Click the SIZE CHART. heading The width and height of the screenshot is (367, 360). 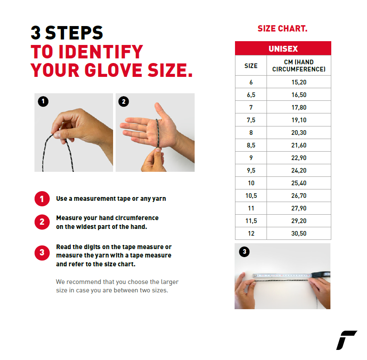(282, 29)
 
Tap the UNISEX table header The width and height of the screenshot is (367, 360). (283, 48)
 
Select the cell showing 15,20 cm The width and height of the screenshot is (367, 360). (299, 82)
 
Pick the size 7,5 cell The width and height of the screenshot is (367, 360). (251, 120)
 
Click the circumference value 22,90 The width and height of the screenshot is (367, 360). (299, 158)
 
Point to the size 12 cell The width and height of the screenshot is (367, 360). (251, 233)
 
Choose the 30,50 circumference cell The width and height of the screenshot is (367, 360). (299, 233)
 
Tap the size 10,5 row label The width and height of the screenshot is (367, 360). (251, 196)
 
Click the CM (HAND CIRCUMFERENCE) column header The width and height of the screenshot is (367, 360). (299, 66)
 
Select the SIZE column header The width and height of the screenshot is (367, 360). (251, 66)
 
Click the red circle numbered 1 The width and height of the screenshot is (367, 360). (42, 199)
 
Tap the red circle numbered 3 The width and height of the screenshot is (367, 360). (42, 252)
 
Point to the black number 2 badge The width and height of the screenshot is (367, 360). (124, 102)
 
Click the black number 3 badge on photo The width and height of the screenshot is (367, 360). (244, 252)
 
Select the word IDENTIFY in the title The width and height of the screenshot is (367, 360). (101, 52)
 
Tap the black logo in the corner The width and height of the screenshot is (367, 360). (346, 340)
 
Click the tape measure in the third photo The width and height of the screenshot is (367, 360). (291, 275)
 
